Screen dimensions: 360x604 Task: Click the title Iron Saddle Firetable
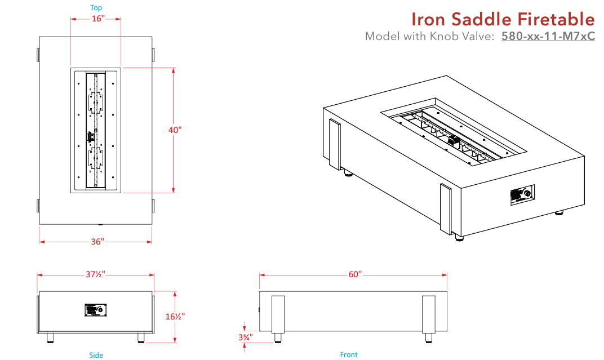pyautogui.click(x=503, y=20)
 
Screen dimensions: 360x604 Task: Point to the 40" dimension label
pyautogui.click(x=175, y=130)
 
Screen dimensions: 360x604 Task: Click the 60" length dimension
pyautogui.click(x=354, y=274)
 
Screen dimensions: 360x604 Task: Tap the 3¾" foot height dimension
pyautogui.click(x=245, y=337)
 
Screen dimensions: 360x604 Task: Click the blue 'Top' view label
pyautogui.click(x=96, y=8)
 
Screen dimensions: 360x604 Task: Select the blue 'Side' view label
pyautogui.click(x=96, y=355)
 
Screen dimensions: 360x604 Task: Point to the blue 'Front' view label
pyautogui.click(x=349, y=355)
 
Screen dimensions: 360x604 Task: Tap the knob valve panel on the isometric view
pyautogui.click(x=522, y=195)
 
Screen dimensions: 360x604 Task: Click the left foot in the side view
pyautogui.click(x=51, y=337)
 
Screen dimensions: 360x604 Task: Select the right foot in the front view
pyautogui.click(x=429, y=337)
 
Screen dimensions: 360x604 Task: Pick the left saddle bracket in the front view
pyautogui.click(x=278, y=314)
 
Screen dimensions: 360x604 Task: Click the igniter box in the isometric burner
pyautogui.click(x=453, y=141)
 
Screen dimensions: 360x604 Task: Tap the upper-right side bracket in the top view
pyautogui.click(x=153, y=55)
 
